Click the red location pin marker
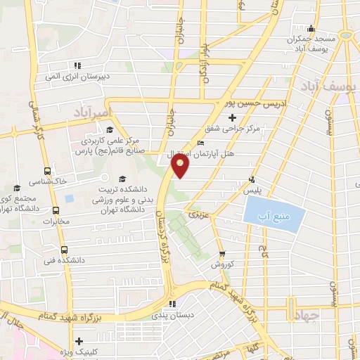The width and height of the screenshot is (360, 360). pos(181,166)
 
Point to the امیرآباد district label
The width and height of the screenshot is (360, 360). pos(92,112)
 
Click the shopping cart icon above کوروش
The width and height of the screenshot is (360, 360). pos(221,254)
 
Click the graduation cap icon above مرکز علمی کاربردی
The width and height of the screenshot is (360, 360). pos(109,129)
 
